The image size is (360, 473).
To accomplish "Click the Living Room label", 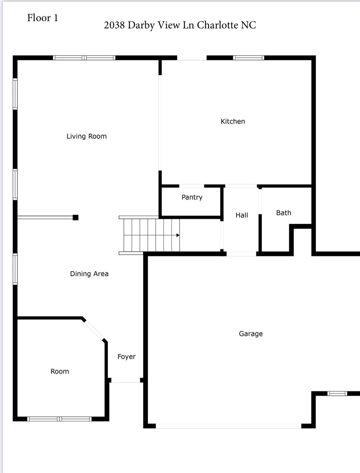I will [x=87, y=136].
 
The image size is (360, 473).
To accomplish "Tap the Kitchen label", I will [x=233, y=122].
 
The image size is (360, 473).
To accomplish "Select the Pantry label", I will [x=192, y=197].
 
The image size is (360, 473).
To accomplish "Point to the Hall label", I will [x=242, y=215].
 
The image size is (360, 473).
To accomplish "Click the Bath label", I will [x=284, y=213].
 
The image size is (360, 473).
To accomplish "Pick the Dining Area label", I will [x=89, y=274].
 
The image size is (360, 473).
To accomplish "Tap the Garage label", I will [x=251, y=334].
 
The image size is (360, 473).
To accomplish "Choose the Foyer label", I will [x=126, y=357].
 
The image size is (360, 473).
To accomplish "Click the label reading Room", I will [x=60, y=371].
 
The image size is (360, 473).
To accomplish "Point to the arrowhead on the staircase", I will [x=178, y=235].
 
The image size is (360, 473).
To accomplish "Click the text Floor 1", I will [x=43, y=18].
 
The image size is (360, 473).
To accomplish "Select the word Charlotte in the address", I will [x=217, y=25].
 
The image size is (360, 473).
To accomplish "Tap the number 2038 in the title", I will [x=114, y=25].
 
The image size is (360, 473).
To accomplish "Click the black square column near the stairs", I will [x=76, y=217].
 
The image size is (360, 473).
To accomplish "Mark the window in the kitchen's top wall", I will [x=248, y=58].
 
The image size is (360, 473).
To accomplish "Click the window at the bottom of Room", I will [x=59, y=419].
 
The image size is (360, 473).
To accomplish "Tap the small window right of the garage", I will [x=337, y=393].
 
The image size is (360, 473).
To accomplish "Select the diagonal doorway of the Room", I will [x=94, y=330].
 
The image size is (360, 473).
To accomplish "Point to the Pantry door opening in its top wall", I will [x=192, y=186].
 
